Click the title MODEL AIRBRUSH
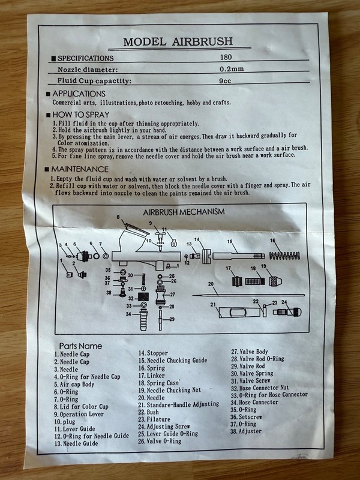tap(178, 41)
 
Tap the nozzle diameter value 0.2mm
tap(232, 69)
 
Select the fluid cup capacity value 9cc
tap(225, 81)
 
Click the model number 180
tap(226, 57)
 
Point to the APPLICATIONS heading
tap(79, 94)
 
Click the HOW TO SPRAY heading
tap(81, 115)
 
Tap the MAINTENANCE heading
tap(80, 169)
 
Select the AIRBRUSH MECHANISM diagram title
tap(184, 212)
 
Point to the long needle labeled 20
tap(248, 295)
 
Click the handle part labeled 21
tap(239, 312)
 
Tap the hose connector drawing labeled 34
tap(143, 320)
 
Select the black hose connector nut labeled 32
tap(143, 297)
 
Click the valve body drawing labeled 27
tap(161, 295)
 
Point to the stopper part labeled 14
tap(206, 256)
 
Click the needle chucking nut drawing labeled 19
tap(275, 281)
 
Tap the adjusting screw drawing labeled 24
tap(287, 312)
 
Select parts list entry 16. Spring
tap(152, 368)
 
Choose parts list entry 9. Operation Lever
tap(79, 414)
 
